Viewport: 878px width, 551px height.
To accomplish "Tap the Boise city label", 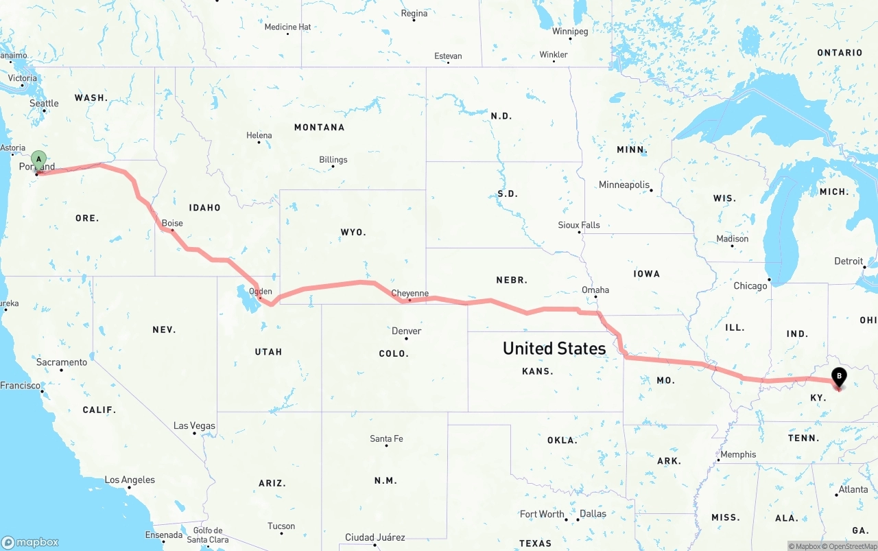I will [x=172, y=223].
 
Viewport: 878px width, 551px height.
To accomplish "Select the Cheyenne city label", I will [x=410, y=293].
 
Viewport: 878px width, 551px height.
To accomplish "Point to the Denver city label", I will [x=406, y=331].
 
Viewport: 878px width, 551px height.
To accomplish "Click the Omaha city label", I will [x=595, y=290].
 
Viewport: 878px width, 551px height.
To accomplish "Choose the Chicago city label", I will [x=750, y=285].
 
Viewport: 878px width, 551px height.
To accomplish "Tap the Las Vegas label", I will [x=194, y=425].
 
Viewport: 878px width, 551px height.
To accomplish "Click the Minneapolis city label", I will [x=624, y=185].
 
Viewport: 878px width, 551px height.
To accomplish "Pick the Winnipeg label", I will [x=570, y=32].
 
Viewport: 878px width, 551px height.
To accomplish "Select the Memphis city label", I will [x=738, y=454].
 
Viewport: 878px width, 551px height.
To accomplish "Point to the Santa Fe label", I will [x=386, y=438].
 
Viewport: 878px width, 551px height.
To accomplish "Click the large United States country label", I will [x=554, y=348].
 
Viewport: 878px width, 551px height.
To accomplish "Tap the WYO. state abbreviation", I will [x=353, y=233].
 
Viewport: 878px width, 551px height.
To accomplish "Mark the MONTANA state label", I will [x=319, y=127].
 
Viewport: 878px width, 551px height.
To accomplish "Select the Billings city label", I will [x=333, y=160].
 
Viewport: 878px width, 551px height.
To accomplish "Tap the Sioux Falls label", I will [x=579, y=224].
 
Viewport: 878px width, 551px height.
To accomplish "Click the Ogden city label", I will [x=261, y=291].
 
